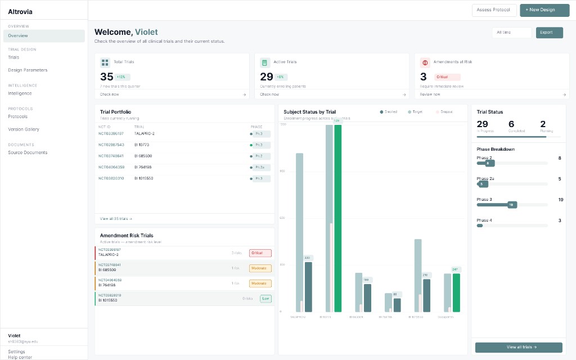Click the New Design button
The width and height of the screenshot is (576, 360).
point(541,10)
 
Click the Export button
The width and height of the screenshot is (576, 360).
point(549,33)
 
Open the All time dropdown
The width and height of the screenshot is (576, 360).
point(511,33)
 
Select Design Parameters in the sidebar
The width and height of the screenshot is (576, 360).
point(28,70)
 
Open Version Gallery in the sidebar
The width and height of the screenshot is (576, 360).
point(24,129)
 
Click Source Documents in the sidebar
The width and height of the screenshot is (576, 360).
point(28,152)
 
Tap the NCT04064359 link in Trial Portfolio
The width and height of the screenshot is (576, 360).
point(111,167)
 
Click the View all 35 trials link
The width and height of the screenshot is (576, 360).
point(116,218)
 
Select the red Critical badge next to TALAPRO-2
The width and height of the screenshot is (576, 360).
point(260,253)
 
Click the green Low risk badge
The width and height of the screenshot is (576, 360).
point(265,299)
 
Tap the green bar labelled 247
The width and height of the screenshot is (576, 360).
point(456,292)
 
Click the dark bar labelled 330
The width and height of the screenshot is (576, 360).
point(308,286)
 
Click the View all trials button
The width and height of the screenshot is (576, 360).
point(518,347)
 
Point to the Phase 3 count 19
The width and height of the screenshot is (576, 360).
point(560,200)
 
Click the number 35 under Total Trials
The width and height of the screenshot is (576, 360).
point(107,77)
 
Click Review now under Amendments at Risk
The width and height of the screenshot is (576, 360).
point(431,94)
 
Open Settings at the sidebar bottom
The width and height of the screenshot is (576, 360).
point(16,352)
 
